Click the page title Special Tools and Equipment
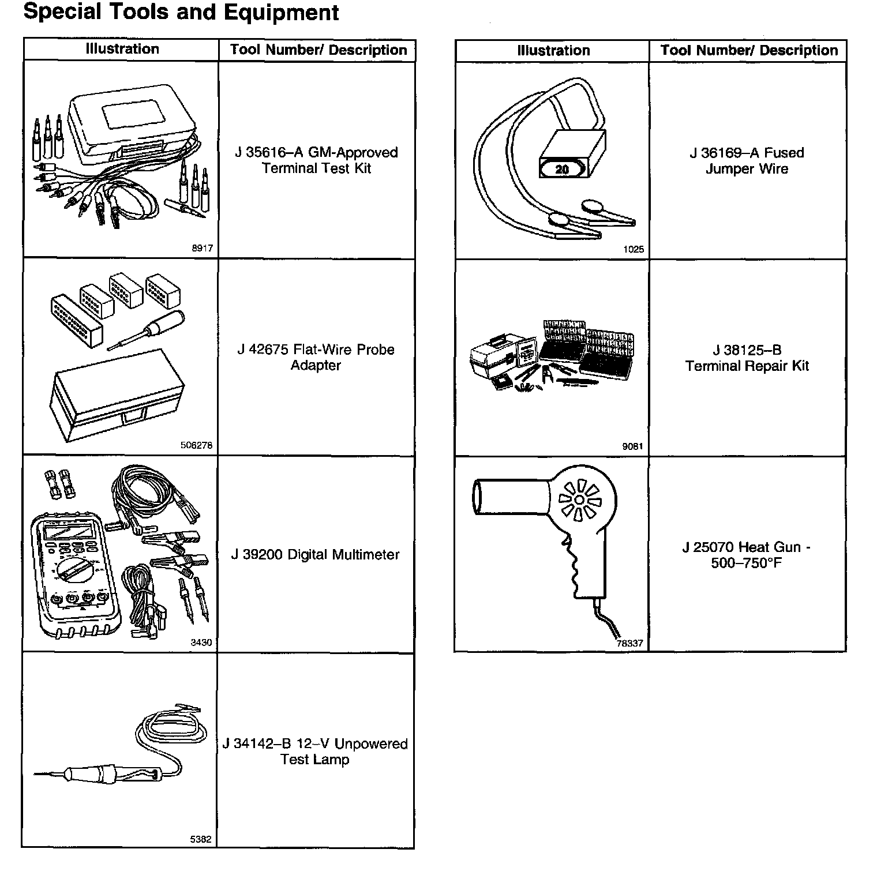tap(181, 13)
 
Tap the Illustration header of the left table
tap(122, 49)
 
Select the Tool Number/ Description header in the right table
tap(749, 50)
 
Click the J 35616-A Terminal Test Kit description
tap(316, 160)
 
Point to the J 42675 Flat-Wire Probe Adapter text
tap(316, 357)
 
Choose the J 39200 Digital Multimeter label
tap(315, 554)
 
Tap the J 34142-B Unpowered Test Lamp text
tap(315, 752)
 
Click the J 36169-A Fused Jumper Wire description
tap(747, 160)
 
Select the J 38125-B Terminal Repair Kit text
tap(747, 358)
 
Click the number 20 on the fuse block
tap(562, 170)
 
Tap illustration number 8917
tap(202, 249)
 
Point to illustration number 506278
tap(196, 445)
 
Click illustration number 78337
tap(629, 643)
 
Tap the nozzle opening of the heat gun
tap(477, 496)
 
